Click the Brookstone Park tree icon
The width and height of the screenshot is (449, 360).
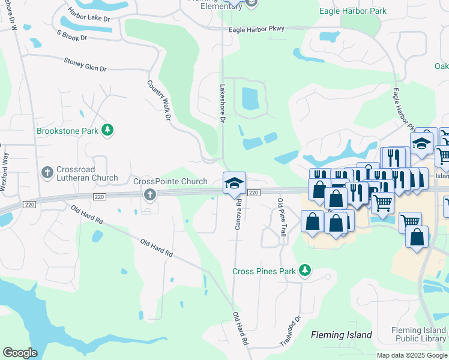click(107, 130)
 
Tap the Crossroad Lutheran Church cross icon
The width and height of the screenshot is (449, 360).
click(47, 173)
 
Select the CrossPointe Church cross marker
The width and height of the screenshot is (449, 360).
click(149, 194)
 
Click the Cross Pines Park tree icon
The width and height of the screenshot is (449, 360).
click(305, 271)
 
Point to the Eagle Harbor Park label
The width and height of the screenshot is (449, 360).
click(353, 11)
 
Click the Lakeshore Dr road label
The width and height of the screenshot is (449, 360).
click(222, 103)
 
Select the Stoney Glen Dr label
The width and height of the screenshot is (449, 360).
click(85, 64)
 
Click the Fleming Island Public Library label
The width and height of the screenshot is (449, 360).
click(418, 334)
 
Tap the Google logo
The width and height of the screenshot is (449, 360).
click(20, 353)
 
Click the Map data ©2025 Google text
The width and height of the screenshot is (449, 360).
click(412, 355)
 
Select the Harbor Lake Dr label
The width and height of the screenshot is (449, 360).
click(90, 17)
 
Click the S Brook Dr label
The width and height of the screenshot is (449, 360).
click(72, 37)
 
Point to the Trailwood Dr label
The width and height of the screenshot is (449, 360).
click(289, 331)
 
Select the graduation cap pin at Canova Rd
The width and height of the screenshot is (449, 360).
click(234, 183)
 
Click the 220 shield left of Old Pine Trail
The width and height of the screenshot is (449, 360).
click(253, 193)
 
